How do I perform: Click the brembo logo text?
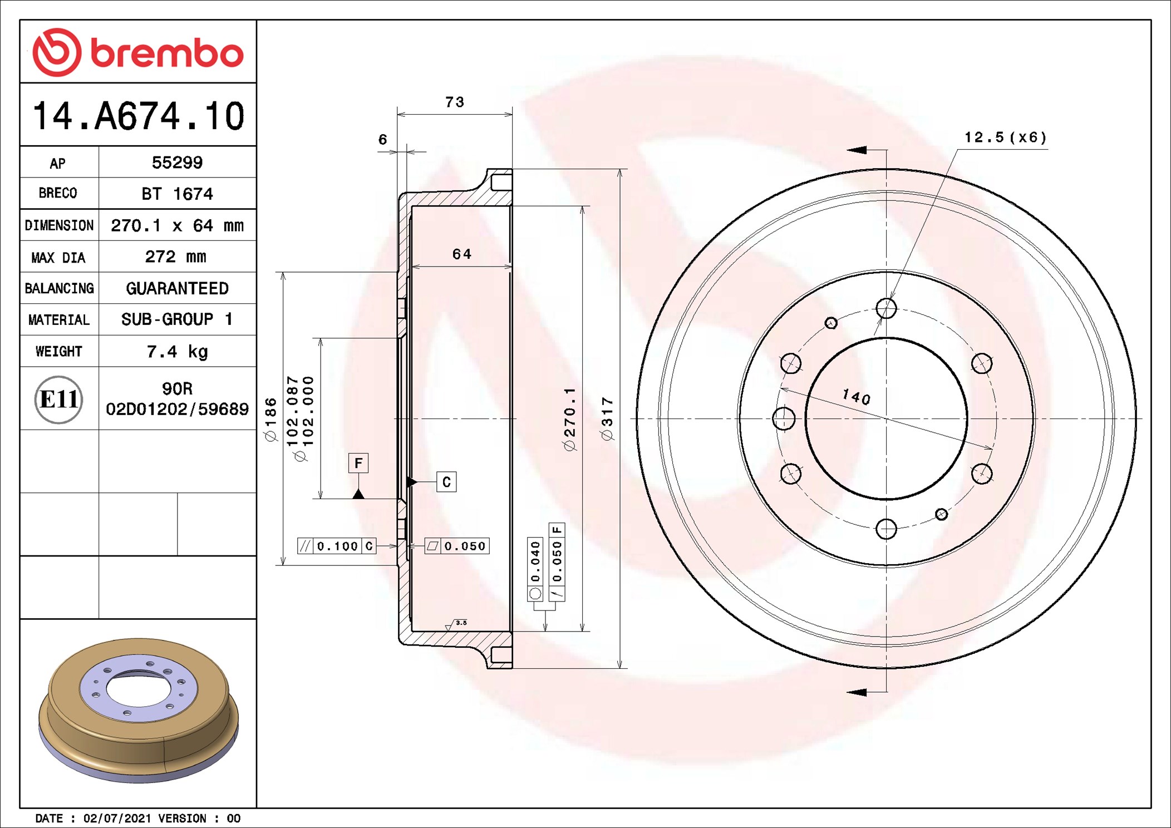[x=166, y=53]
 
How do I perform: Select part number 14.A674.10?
[x=138, y=116]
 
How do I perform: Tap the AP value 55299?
[x=177, y=162]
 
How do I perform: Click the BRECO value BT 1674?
[x=177, y=194]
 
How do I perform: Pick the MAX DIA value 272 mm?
[x=175, y=257]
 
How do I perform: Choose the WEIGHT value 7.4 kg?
[x=177, y=351]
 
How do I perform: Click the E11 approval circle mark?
[x=59, y=400]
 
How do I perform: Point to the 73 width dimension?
[x=454, y=102]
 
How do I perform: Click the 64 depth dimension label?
[x=461, y=254]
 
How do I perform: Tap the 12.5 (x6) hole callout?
[x=1005, y=137]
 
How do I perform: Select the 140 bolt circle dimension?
[x=856, y=397]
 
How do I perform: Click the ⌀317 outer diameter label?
[x=607, y=418]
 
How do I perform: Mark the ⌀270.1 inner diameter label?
[x=569, y=418]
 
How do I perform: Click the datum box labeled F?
[x=358, y=463]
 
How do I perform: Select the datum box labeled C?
[x=446, y=482]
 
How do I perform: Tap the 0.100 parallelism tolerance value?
[x=337, y=546]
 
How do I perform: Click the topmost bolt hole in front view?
[x=886, y=308]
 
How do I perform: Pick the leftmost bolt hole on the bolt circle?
[x=784, y=418]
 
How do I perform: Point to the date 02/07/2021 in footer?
[x=117, y=819]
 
